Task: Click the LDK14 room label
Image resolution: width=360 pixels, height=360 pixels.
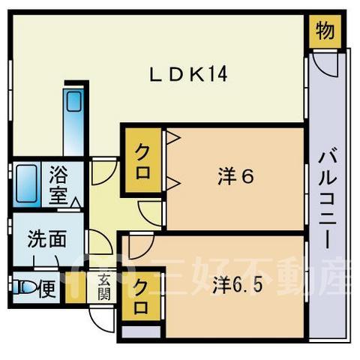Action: [x=188, y=74]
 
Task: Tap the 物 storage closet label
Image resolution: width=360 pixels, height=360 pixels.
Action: [x=325, y=31]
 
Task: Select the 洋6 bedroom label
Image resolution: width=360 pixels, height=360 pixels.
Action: [x=235, y=176]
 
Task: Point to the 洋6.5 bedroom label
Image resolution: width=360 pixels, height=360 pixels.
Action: [x=238, y=285]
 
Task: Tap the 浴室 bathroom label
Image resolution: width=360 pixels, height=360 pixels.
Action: [x=58, y=185]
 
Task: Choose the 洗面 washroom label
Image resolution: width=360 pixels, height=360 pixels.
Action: [x=47, y=238]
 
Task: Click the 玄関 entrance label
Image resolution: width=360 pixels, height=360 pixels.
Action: [x=103, y=286]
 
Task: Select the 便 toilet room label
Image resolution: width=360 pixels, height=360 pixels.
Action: [x=47, y=289]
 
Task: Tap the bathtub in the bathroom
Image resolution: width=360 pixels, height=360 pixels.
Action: [x=26, y=184]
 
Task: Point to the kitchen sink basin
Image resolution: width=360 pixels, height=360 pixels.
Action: [x=73, y=101]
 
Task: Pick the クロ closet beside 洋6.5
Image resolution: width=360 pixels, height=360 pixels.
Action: [x=141, y=296]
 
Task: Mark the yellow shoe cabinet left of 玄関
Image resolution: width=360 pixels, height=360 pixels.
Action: [x=76, y=287]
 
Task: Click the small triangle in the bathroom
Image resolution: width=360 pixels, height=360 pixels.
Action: [x=76, y=203]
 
